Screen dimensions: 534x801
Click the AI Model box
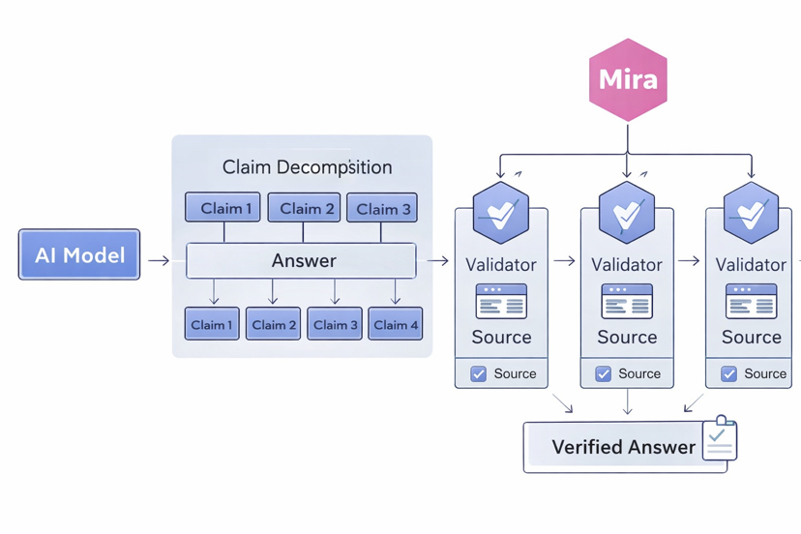click(79, 254)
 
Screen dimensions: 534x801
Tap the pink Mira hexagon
click(628, 79)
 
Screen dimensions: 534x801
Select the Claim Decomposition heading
click(307, 166)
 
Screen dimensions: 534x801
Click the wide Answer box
click(302, 260)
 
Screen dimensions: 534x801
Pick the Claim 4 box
click(396, 324)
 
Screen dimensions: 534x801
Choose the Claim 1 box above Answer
click(222, 208)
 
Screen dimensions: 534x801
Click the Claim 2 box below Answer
click(273, 324)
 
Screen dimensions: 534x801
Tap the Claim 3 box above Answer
click(382, 208)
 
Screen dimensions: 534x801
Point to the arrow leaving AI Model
click(159, 260)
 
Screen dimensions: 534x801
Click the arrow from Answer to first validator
click(437, 260)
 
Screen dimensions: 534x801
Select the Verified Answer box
click(623, 447)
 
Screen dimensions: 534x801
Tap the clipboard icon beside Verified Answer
click(719, 439)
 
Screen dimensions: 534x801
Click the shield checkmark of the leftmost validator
click(501, 213)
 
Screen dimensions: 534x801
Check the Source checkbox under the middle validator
click(604, 373)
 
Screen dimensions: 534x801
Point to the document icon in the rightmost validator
click(751, 301)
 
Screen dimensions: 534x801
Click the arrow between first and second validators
click(564, 260)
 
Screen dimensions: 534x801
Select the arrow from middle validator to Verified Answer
click(628, 401)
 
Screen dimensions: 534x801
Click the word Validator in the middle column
click(627, 264)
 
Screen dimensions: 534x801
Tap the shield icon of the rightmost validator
click(751, 213)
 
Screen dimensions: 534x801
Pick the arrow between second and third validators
click(689, 260)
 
